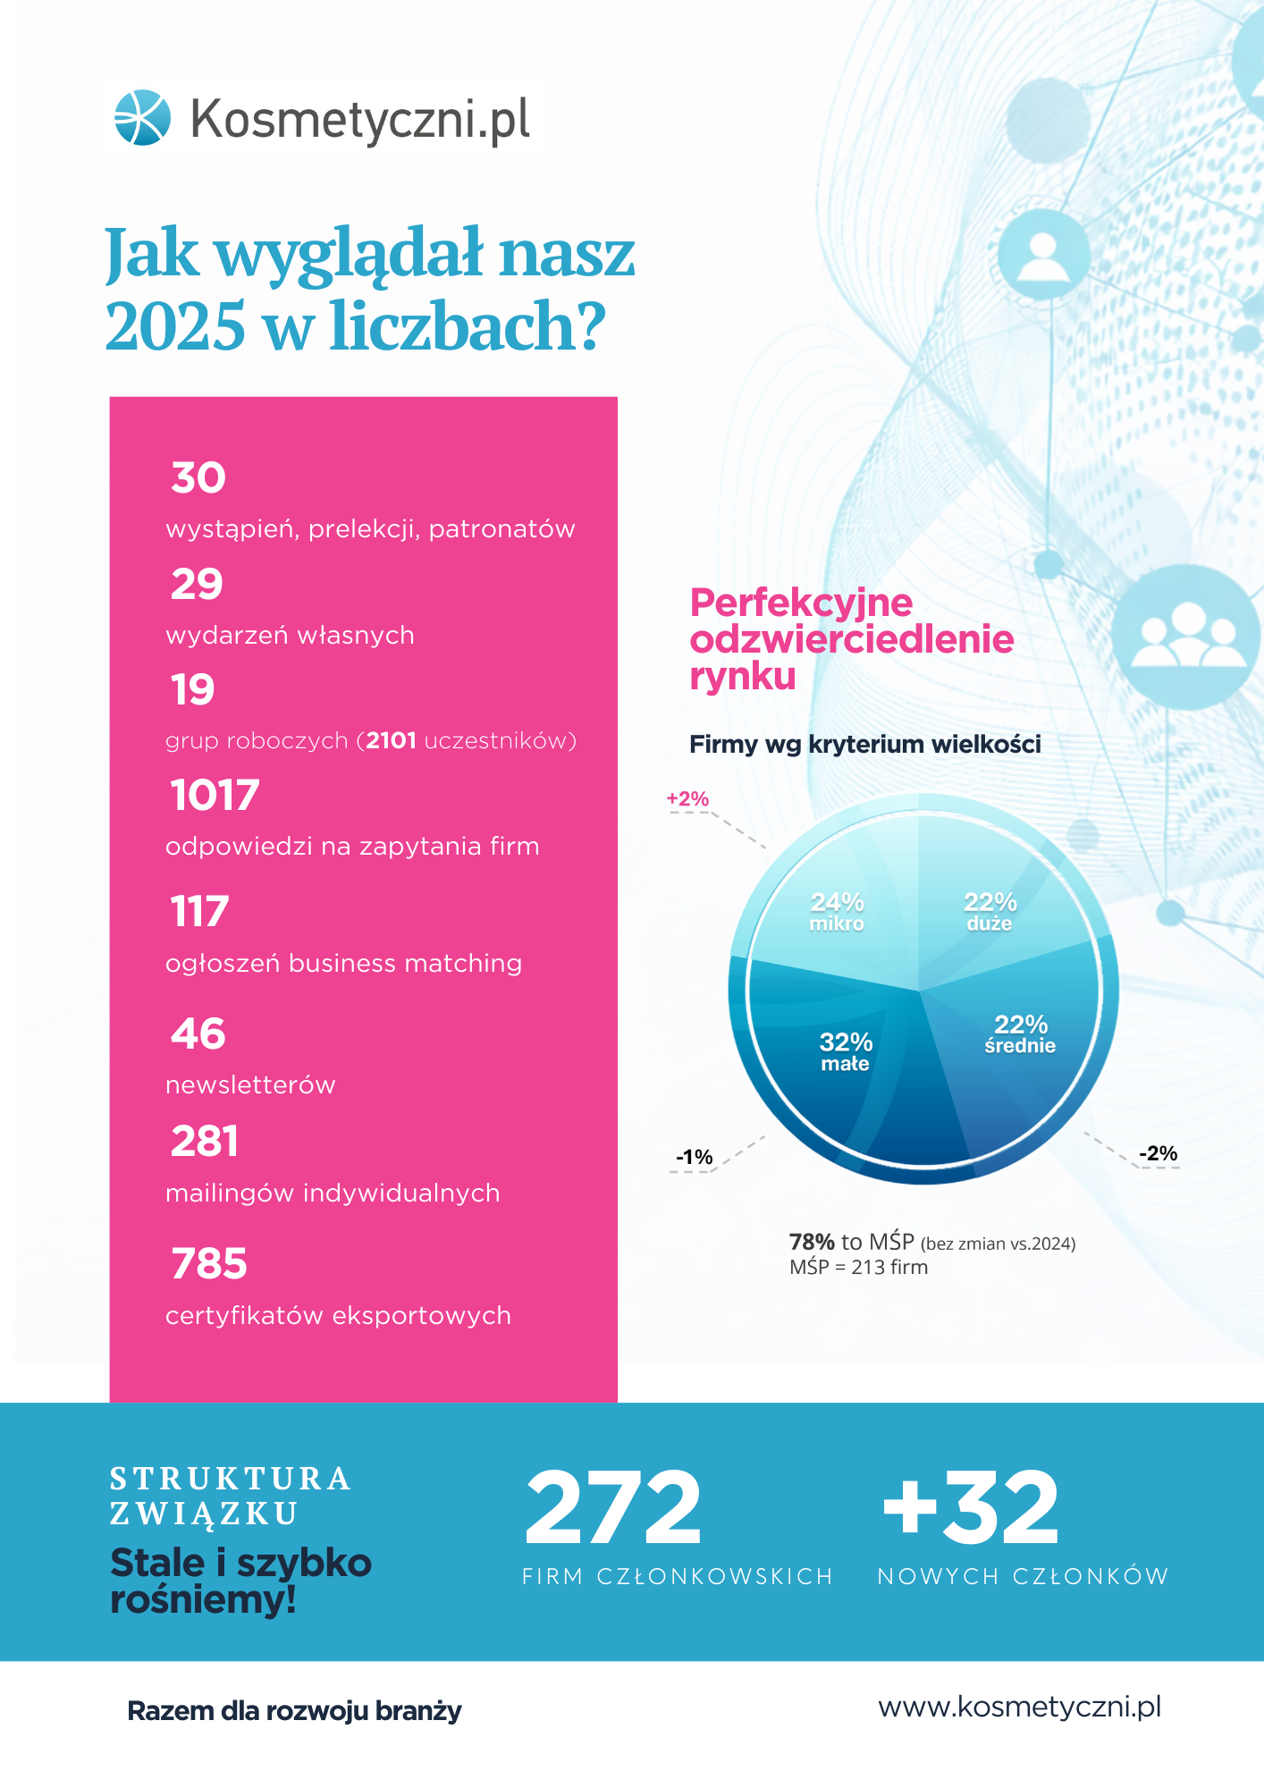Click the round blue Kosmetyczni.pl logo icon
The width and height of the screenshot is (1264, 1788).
[x=142, y=117]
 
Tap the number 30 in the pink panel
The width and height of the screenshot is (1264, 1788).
[x=198, y=477]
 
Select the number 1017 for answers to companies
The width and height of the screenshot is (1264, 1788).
[x=215, y=795]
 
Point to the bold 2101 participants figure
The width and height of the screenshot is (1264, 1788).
[x=392, y=740]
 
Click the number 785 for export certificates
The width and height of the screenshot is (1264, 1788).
[x=209, y=1263]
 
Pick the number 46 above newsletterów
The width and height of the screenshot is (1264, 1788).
[x=198, y=1033]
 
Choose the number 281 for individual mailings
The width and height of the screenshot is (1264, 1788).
[x=205, y=1142]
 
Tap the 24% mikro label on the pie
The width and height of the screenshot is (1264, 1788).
[x=837, y=911]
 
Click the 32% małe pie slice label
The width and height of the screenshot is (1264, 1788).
[x=846, y=1051]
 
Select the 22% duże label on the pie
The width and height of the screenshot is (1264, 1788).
[x=990, y=911]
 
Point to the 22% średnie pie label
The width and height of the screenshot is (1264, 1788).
[x=1021, y=1033]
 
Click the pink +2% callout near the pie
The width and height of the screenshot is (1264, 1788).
[x=687, y=798]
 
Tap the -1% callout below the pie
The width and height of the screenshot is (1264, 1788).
[x=694, y=1157]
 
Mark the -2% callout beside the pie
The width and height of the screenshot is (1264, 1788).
[x=1158, y=1153]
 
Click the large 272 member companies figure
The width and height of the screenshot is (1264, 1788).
[x=613, y=1508]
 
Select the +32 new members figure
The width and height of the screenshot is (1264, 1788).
[x=971, y=1508]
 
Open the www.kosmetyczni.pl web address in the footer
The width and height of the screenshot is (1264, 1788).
[x=1020, y=1707]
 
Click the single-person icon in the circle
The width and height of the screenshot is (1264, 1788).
[x=1043, y=256]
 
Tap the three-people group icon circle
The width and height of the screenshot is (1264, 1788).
[x=1187, y=637]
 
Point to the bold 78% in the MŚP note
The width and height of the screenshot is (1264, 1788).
[x=812, y=1242]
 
